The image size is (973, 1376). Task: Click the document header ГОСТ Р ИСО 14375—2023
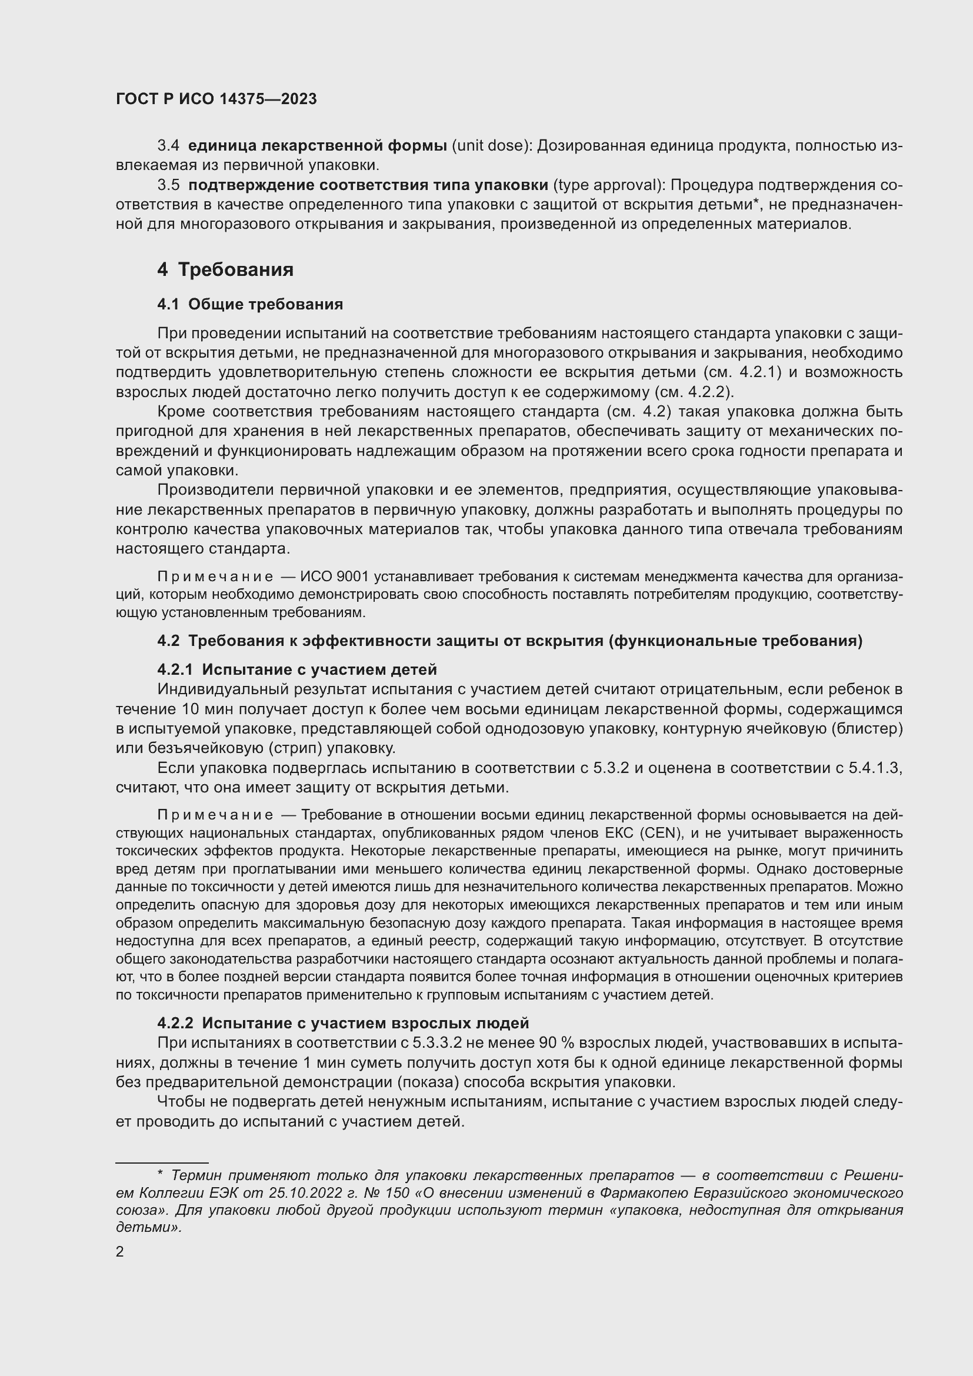pyautogui.click(x=216, y=99)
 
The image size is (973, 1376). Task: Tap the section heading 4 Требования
pyautogui.click(x=225, y=269)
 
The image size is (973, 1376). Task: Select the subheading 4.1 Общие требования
pyautogui.click(x=250, y=305)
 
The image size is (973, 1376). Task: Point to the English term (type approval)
pyautogui.click(x=608, y=185)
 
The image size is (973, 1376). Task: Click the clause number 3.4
pyautogui.click(x=168, y=146)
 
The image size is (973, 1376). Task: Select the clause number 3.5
pyautogui.click(x=168, y=185)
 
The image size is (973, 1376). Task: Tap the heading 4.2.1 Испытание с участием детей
pyautogui.click(x=297, y=669)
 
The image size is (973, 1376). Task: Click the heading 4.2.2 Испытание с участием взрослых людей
pyautogui.click(x=343, y=1022)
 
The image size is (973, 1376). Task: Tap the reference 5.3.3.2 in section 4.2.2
pyautogui.click(x=436, y=1043)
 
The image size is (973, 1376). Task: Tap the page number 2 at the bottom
pyautogui.click(x=120, y=1252)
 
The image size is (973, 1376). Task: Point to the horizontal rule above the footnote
pyautogui.click(x=162, y=1162)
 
